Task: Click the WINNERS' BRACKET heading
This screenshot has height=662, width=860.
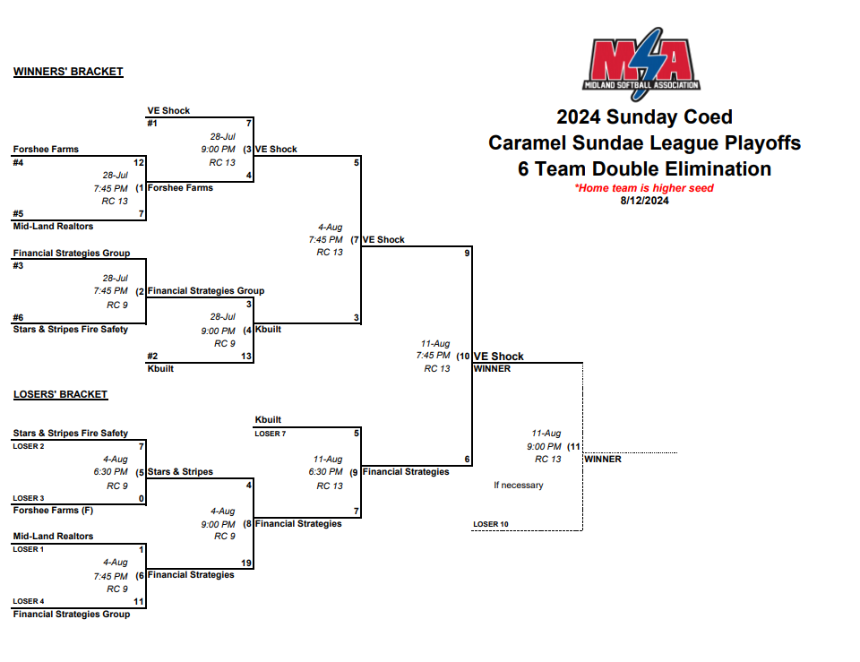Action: (68, 72)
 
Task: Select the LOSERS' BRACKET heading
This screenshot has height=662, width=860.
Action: (60, 394)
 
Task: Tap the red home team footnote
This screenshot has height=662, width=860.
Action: (644, 188)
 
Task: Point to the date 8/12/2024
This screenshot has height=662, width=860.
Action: (644, 200)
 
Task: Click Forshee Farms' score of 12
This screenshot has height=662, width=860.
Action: (138, 163)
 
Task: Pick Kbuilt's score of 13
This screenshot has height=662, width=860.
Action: (246, 357)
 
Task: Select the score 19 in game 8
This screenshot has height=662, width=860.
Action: (246, 563)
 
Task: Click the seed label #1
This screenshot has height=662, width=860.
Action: (153, 124)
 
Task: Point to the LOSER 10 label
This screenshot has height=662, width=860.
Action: (491, 524)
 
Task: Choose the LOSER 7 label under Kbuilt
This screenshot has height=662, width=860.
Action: (271, 434)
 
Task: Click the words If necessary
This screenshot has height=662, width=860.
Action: (519, 486)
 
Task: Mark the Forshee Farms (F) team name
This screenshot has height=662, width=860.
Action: (53, 511)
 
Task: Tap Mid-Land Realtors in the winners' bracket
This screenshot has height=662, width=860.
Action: (53, 227)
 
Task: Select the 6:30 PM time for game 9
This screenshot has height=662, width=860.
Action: (325, 472)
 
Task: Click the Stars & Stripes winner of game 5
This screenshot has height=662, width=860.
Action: (180, 472)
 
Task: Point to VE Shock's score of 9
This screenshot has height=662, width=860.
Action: (467, 254)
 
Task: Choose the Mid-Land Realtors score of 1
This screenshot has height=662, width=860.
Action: (141, 549)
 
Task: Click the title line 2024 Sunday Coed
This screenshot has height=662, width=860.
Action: (644, 117)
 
